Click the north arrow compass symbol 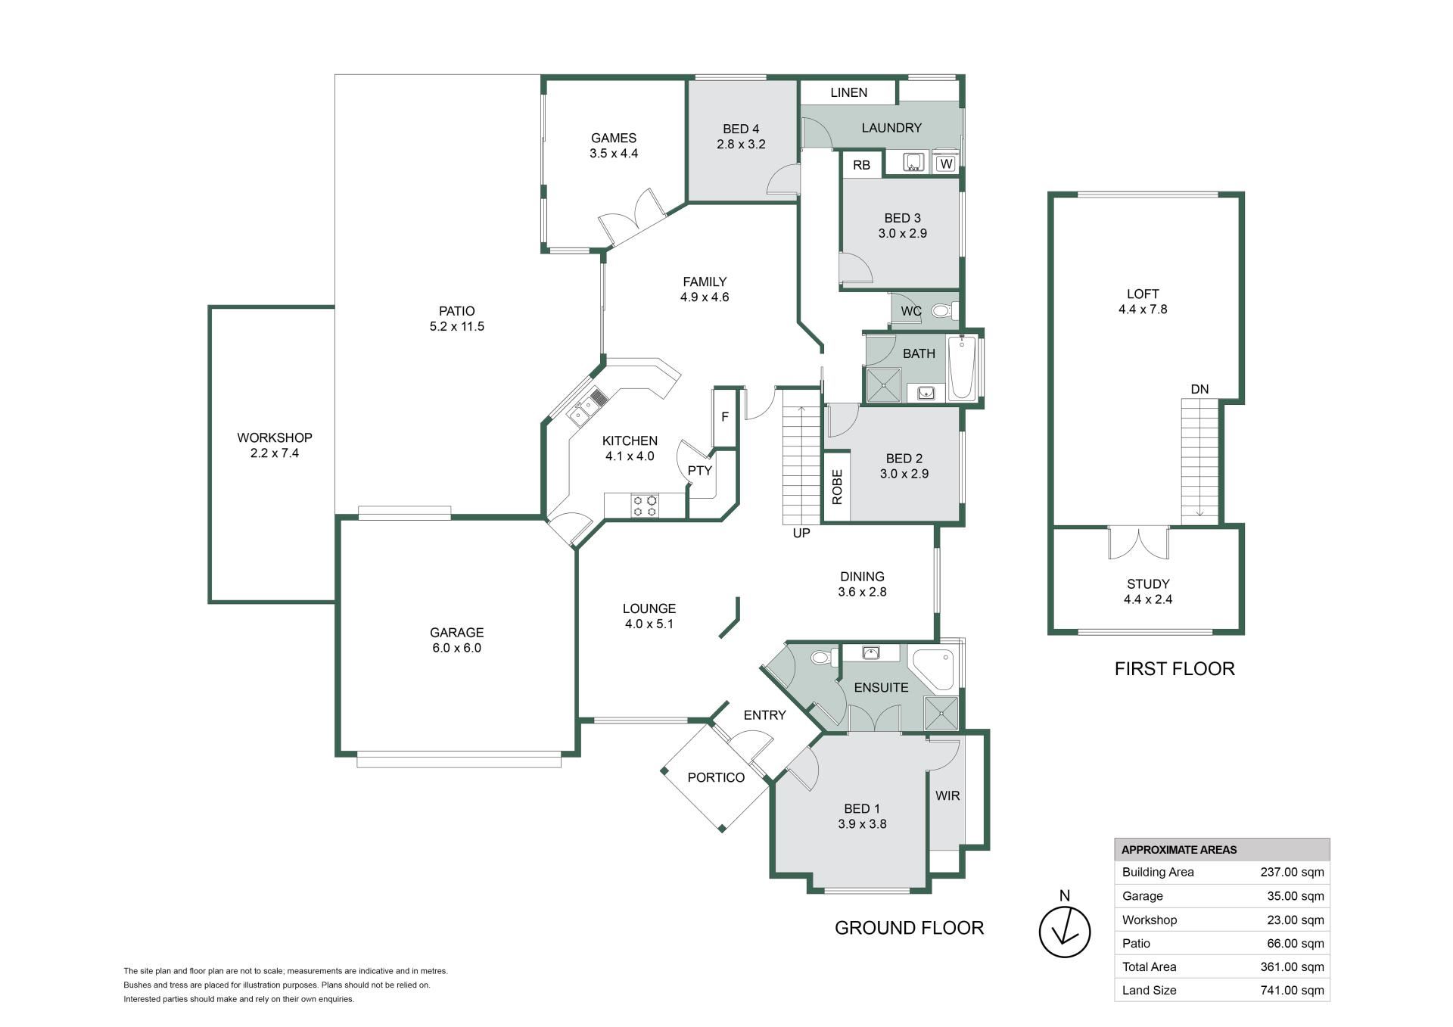1064,932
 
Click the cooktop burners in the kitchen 646,506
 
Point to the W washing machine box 946,163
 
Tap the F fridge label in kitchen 725,417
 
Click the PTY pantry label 700,471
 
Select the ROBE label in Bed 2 837,487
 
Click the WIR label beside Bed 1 947,795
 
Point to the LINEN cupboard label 849,92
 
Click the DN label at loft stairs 1199,390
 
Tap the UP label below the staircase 801,533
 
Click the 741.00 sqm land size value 1292,990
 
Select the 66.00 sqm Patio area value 1296,943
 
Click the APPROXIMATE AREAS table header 1179,850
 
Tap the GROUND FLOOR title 909,928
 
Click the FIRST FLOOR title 1175,668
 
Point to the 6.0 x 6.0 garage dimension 456,648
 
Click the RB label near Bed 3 861,165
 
